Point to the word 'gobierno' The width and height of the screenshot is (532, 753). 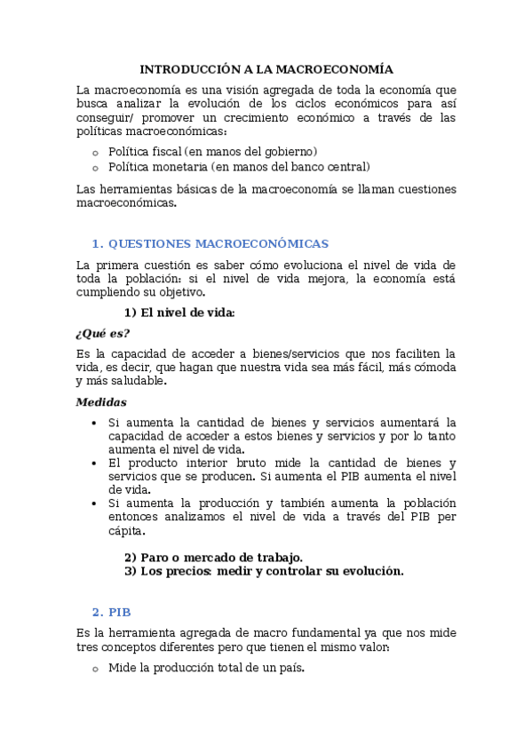pyautogui.click(x=290, y=152)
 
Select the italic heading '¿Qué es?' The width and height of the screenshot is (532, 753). pyautogui.click(x=103, y=333)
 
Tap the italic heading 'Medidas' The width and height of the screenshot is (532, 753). pyautogui.click(x=101, y=401)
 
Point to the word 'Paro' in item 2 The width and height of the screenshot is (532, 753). pyautogui.click(x=155, y=557)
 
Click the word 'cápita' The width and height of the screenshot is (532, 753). pyautogui.click(x=124, y=531)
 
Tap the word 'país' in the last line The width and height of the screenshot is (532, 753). pyautogui.click(x=290, y=668)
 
